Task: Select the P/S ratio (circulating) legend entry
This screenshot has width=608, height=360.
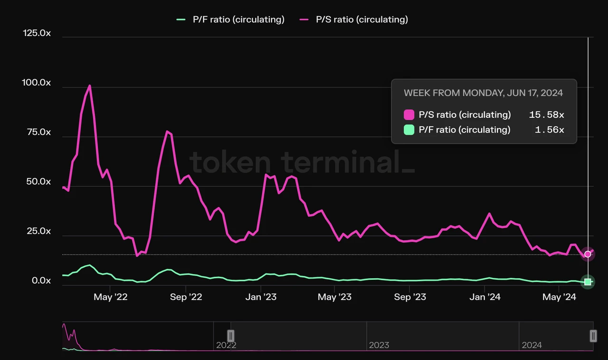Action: (354, 19)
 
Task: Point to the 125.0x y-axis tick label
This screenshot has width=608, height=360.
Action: (37, 33)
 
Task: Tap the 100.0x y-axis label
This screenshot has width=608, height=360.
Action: (37, 83)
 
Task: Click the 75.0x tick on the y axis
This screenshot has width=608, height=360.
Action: (38, 132)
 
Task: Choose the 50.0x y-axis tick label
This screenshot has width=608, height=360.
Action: (38, 181)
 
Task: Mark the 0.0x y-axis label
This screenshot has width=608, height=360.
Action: (41, 281)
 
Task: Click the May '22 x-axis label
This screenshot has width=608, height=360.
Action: (110, 297)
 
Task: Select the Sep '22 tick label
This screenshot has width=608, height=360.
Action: (185, 297)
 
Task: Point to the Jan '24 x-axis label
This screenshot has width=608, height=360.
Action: (484, 297)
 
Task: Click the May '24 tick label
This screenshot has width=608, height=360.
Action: (559, 297)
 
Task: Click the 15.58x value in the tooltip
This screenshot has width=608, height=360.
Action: (546, 115)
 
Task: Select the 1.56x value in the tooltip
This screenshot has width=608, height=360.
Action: (549, 130)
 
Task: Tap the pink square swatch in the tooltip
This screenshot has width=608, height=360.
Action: (409, 115)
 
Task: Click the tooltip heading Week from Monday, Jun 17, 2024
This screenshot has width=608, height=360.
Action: (483, 93)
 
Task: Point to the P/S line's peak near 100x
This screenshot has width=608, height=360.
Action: (90, 86)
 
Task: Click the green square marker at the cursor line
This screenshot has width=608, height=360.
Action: (588, 282)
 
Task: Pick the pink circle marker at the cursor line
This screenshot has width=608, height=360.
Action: (588, 254)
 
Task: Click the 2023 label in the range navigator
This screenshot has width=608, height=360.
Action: (379, 345)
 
